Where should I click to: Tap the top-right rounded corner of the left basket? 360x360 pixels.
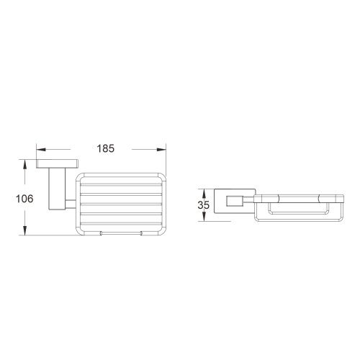(163, 176)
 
